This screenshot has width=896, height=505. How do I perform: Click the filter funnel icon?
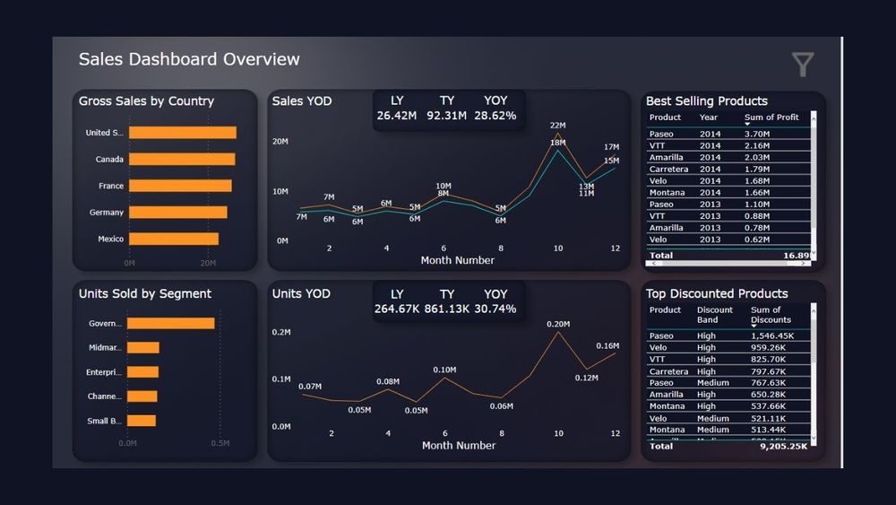point(803,64)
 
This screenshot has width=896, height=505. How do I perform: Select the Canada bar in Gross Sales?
point(182,159)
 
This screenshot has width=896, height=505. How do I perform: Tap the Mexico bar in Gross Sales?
point(174,239)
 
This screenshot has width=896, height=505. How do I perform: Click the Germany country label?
point(107,213)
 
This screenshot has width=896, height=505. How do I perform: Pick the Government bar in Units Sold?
point(170,323)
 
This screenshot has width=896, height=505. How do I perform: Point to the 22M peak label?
point(557,126)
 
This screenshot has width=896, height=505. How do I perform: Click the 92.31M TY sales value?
point(446,116)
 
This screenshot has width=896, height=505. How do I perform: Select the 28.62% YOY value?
point(495,116)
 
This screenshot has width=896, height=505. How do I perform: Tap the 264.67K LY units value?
point(397,309)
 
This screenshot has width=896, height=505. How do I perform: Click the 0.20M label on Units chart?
point(558,324)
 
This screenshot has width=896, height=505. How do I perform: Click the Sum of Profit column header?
point(771,118)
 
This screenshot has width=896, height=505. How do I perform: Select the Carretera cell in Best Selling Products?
point(668,169)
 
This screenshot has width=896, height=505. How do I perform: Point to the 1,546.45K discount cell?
point(768,335)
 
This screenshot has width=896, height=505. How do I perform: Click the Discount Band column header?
point(715,314)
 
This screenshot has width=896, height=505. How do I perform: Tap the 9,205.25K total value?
point(784,446)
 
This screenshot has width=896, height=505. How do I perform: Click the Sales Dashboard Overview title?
point(189,59)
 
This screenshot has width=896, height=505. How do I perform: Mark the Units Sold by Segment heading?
point(145,293)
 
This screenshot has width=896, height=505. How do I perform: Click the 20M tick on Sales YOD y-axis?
point(280,142)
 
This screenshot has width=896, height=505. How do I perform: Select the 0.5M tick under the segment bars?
point(220,443)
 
